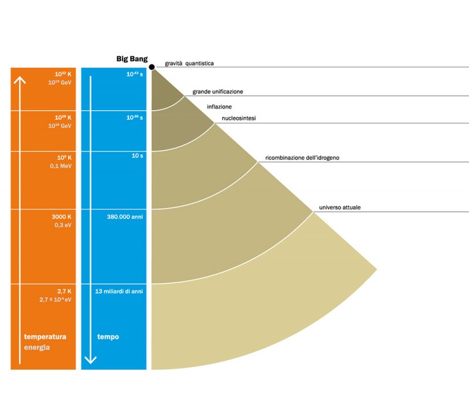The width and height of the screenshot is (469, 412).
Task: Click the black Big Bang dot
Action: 152,68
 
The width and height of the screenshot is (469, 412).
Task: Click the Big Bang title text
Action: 132,59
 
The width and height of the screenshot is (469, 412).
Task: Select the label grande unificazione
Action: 217,92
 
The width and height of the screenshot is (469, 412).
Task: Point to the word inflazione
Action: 219,107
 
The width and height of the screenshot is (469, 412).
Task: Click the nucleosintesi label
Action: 239,119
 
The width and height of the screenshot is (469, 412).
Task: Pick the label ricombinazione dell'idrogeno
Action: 303,158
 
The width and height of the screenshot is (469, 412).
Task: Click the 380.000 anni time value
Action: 125,217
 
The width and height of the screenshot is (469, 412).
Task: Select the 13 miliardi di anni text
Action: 119,291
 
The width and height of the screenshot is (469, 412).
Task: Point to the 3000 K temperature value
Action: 61,216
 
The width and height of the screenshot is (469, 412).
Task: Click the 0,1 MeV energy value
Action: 60,166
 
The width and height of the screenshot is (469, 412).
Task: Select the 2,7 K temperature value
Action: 64,291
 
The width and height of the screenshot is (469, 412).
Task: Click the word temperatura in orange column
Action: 45,337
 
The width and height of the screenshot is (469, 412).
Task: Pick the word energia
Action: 36,347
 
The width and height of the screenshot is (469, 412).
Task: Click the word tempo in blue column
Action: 107,337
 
